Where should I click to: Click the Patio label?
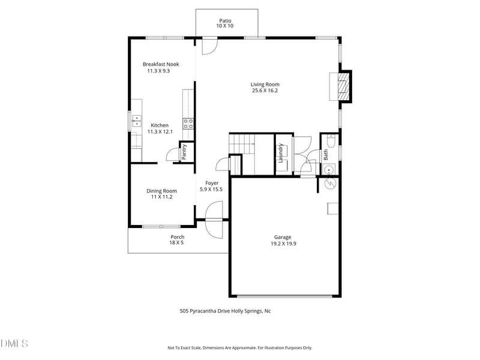[224, 20]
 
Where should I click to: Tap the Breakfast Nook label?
[160, 64]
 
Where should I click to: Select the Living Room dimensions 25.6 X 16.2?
[265, 91]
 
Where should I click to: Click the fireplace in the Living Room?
[341, 86]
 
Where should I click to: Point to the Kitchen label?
[160, 125]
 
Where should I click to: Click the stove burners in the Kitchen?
[188, 124]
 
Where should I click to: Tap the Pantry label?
[185, 151]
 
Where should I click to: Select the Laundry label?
[280, 153]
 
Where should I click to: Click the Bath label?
[326, 154]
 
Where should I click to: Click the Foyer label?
[211, 183]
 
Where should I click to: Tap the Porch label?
[177, 237]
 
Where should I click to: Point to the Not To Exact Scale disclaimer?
[239, 347]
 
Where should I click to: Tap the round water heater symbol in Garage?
[329, 184]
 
